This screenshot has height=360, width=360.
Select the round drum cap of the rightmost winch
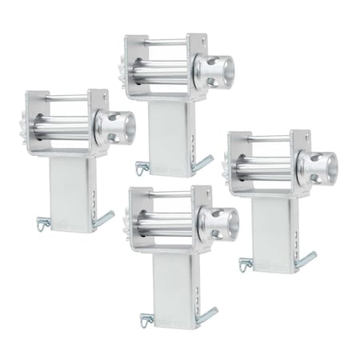tap(318, 167)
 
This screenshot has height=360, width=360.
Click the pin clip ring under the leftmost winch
tap(42, 223)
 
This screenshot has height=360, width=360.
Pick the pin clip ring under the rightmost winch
tap(243, 263)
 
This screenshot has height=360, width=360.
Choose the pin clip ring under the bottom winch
tap(144, 320)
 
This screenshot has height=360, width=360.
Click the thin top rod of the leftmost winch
tap(68, 98)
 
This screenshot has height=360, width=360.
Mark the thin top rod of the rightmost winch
tap(268, 138)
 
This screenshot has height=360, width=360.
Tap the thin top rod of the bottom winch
tap(168, 194)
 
